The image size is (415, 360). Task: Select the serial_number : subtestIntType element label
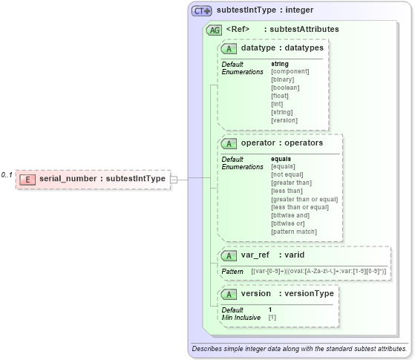[x=102, y=179]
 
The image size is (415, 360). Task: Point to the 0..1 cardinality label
[x=7, y=175]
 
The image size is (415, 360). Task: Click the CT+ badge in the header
[x=202, y=11]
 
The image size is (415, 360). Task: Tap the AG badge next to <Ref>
[x=214, y=30]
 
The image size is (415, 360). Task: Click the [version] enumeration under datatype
[x=284, y=120]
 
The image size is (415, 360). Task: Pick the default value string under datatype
[x=280, y=64]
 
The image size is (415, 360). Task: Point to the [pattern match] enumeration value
[x=295, y=232]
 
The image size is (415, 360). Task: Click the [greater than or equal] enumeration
[x=304, y=199]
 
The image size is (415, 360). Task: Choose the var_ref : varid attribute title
[x=272, y=255]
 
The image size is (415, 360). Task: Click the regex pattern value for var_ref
[x=318, y=272]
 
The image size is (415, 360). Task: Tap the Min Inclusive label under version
[x=241, y=317]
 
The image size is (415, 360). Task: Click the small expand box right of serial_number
[x=173, y=179]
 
